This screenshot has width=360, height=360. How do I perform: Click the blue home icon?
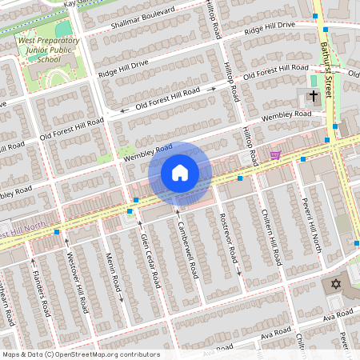(x=180, y=173)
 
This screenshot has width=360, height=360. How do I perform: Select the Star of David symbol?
(x=336, y=284)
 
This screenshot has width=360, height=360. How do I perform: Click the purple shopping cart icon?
(x=275, y=154)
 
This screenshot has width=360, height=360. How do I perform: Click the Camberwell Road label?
(x=186, y=249)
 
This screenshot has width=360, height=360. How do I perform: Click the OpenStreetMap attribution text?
(x=80, y=354)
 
